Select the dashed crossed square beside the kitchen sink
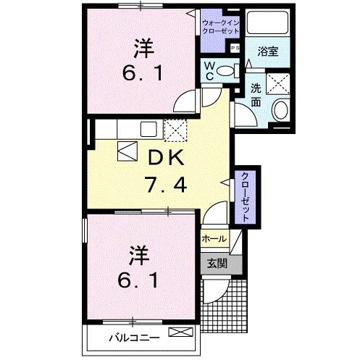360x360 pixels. [x=175, y=130]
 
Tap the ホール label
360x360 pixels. [x=214, y=238]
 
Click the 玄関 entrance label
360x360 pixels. [x=217, y=264]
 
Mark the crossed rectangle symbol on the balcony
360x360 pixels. [x=181, y=332]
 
